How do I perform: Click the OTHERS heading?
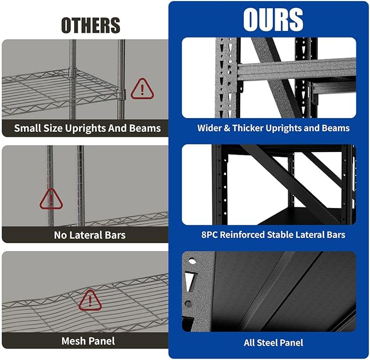(90, 25)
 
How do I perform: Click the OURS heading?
(273, 20)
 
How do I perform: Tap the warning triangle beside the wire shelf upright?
(142, 89)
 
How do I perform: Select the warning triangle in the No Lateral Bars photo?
(51, 199)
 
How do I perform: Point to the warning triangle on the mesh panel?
(90, 300)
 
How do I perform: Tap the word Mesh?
(73, 341)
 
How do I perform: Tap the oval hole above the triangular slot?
(192, 261)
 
